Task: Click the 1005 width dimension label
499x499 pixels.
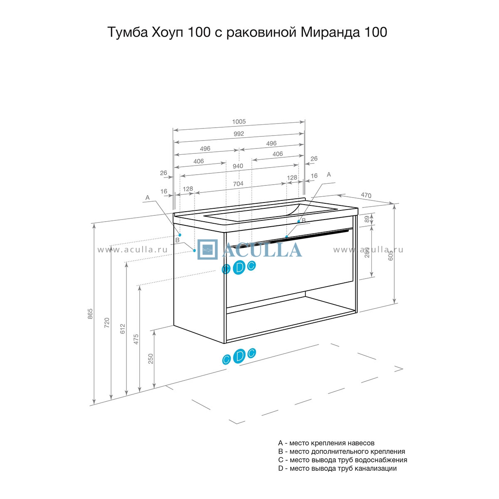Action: click(x=239, y=121)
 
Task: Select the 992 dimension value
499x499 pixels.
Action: click(x=239, y=133)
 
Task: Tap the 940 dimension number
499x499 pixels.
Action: click(x=238, y=166)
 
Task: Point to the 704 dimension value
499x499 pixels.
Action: click(x=238, y=184)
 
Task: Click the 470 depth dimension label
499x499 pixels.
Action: click(x=366, y=195)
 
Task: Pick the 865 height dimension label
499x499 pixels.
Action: click(x=90, y=314)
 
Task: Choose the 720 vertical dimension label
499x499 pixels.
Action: click(x=107, y=323)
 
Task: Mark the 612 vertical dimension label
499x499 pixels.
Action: click(x=123, y=329)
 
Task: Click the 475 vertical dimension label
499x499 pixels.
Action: click(x=136, y=339)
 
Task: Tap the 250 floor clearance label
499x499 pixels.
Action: click(x=151, y=358)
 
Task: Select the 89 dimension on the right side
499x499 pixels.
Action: click(x=367, y=219)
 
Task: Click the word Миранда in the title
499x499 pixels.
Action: click(x=330, y=32)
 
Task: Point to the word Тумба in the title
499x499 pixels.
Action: click(x=127, y=32)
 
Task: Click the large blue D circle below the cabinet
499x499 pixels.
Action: click(x=239, y=356)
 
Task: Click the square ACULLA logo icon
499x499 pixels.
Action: click(x=208, y=249)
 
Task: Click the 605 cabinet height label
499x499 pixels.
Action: click(x=390, y=255)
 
